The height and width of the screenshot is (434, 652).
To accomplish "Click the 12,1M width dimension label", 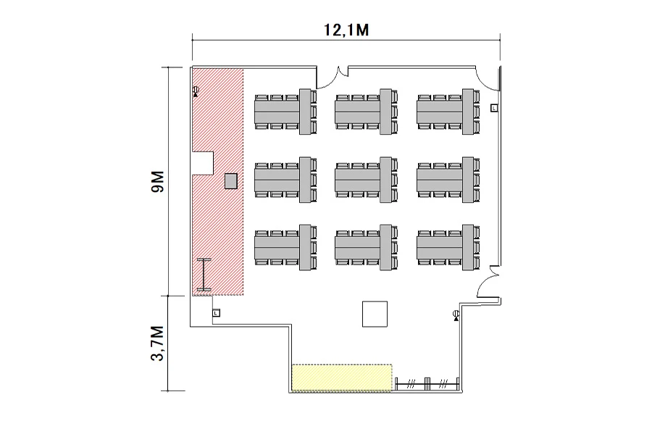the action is coord(346,30).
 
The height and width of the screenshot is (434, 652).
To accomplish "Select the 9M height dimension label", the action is coord(158,182).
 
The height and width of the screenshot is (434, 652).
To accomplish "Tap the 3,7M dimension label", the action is coord(158,343).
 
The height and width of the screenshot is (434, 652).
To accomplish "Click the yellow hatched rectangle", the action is coord(342,377).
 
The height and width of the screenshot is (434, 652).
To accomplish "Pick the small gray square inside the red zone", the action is coord(231,181).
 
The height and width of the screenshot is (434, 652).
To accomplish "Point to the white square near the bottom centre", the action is coord(375,314).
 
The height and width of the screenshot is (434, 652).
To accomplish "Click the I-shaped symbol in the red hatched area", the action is coord(204,275).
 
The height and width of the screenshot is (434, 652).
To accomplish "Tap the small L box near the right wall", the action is coord(494,108).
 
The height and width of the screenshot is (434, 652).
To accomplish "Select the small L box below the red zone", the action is coord(216,312).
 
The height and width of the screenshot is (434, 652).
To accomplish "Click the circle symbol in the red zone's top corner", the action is coord(196,91).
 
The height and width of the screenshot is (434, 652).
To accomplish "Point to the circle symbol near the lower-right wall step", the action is coord(456,315).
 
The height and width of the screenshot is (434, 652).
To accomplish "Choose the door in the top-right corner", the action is coord(488,78).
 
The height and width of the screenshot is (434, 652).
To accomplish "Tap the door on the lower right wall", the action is coord(488,281).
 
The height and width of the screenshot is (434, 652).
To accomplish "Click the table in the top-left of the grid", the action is coord(285,112).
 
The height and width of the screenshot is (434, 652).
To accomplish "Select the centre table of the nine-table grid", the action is coord(366,180).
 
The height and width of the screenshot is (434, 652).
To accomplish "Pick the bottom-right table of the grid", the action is coord(448,248).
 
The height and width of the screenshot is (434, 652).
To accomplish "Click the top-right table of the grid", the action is coord(448,112).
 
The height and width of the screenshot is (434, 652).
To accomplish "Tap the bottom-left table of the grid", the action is coord(285,248).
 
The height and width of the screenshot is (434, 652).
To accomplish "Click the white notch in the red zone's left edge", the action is coord(203,163).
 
